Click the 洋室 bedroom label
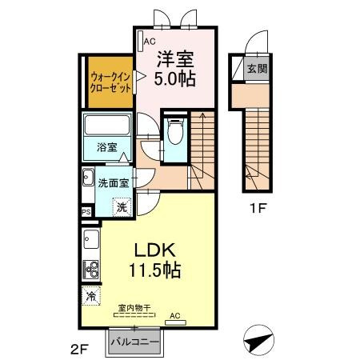175,59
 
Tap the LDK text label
155,250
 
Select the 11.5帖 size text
155,270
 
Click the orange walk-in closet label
110,82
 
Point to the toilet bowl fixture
175,131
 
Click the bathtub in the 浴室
107,125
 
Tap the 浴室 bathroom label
107,147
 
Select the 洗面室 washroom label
114,183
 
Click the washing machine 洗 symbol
122,206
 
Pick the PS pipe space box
86,212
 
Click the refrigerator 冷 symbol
91,295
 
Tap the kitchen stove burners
90,270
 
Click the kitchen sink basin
91,239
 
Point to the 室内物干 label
134,308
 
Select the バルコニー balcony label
135,342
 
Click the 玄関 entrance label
257,69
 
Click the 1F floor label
258,208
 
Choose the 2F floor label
80,350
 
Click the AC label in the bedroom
150,42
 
